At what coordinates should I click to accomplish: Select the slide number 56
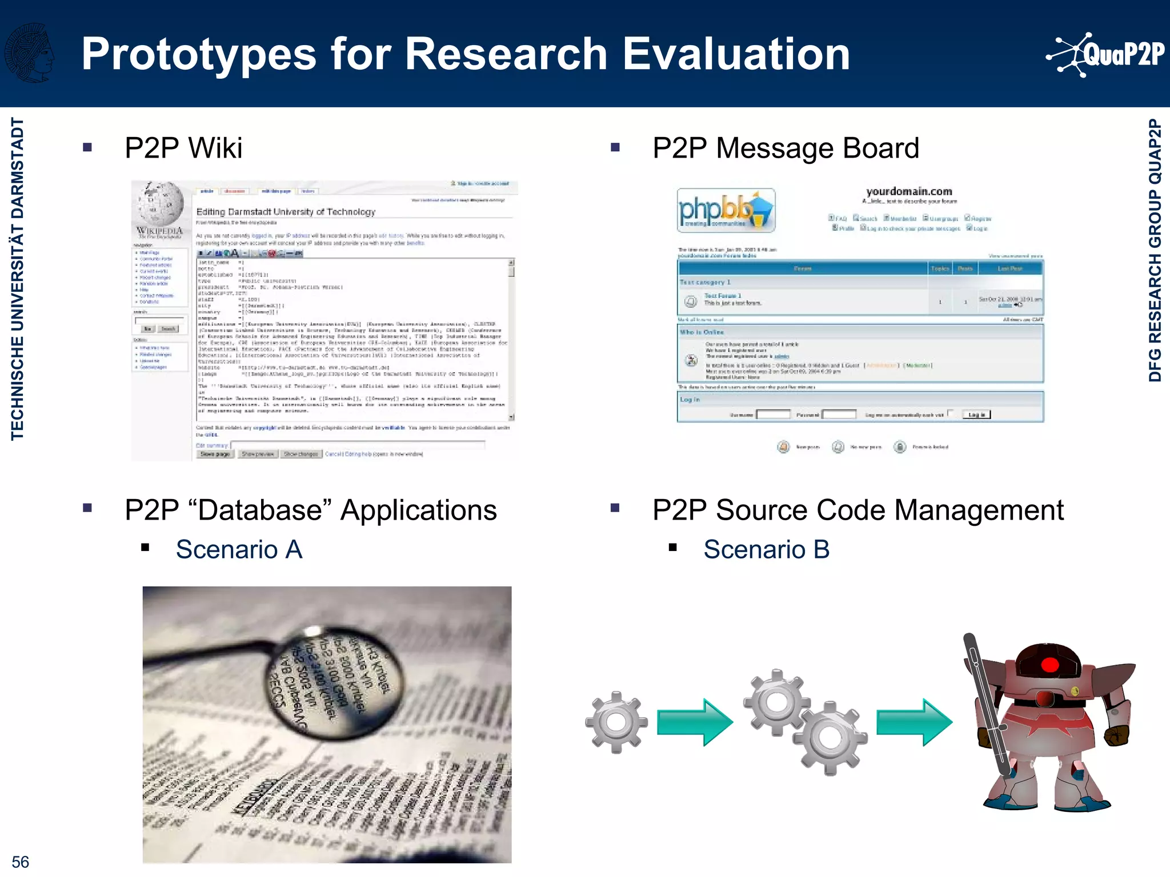click(x=20, y=862)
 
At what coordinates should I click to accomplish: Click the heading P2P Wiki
click(x=183, y=148)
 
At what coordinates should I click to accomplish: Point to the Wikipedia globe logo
click(x=161, y=203)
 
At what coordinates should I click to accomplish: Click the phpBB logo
click(x=726, y=211)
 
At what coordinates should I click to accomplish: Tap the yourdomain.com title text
click(x=909, y=191)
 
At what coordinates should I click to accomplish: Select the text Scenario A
click(x=239, y=549)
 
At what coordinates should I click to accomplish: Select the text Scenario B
click(x=766, y=549)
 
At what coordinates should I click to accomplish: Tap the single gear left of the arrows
click(x=616, y=722)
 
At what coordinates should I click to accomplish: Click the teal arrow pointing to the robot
click(x=914, y=722)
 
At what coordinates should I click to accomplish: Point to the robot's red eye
click(x=1049, y=665)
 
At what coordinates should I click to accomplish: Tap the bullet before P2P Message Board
click(x=615, y=147)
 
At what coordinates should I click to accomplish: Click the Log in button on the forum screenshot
click(x=976, y=415)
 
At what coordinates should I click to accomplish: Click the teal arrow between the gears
click(x=695, y=722)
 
